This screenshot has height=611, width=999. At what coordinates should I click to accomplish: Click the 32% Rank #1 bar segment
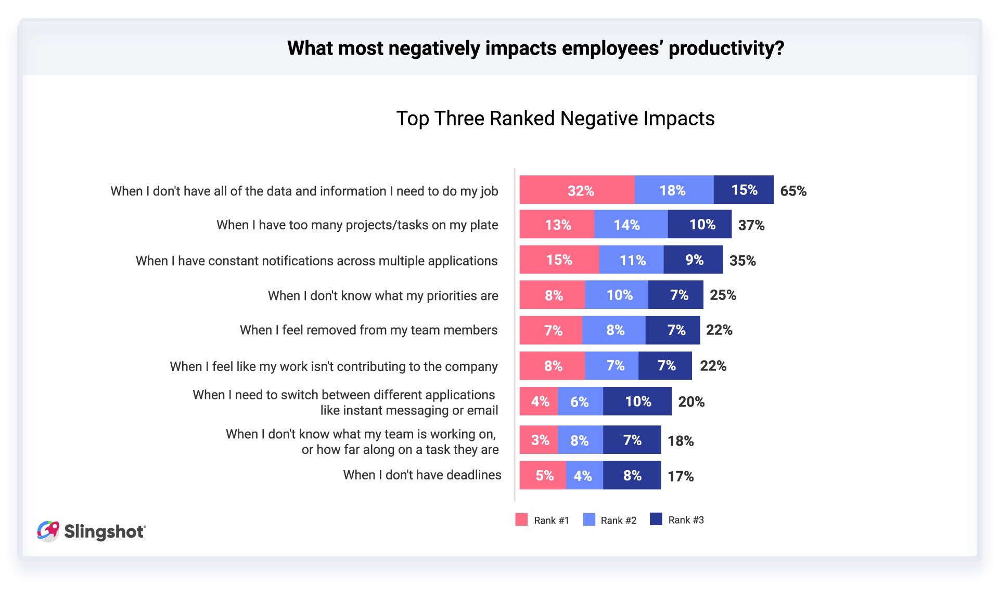[x=577, y=190]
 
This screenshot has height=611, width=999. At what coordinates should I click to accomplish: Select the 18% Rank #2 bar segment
[x=673, y=190]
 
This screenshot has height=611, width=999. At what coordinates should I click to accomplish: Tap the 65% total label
[x=793, y=191]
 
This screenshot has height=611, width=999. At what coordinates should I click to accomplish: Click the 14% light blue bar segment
[x=630, y=225]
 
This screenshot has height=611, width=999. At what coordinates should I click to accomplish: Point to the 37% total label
[x=751, y=225]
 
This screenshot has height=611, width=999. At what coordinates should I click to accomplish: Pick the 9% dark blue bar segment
[x=693, y=259]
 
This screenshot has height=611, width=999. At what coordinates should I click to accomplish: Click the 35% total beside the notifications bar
[x=742, y=261]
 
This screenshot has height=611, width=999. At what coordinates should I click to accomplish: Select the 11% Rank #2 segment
[x=631, y=259]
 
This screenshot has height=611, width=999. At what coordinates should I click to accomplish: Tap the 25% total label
[x=723, y=295]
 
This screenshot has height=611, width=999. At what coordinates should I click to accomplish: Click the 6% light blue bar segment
[x=580, y=401]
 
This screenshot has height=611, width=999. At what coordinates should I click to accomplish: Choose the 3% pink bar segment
[x=539, y=440]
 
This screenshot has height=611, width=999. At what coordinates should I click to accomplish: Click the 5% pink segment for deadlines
[x=543, y=475]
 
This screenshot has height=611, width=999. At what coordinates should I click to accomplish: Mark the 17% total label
[x=681, y=476]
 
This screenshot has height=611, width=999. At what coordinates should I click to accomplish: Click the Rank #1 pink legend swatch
[x=521, y=519]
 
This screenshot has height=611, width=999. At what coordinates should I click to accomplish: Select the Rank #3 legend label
[x=686, y=520]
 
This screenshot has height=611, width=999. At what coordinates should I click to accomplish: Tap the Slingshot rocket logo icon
[x=48, y=531]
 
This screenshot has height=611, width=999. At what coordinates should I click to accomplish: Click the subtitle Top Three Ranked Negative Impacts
[x=555, y=119]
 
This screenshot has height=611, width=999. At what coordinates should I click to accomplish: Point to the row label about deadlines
[x=422, y=475]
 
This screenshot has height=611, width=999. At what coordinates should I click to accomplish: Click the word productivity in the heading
[x=726, y=48]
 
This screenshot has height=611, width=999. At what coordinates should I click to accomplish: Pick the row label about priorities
[x=383, y=295]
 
